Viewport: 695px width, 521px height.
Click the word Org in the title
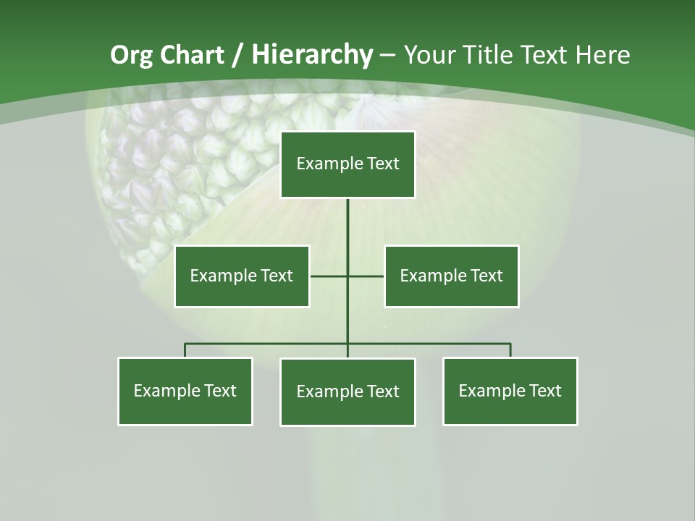pos(132,55)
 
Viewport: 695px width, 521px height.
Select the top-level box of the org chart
pos(347,164)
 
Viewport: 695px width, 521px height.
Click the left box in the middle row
pos(242,276)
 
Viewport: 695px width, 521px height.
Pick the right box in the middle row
pos(451,276)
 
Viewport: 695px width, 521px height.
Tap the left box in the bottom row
pos(185,391)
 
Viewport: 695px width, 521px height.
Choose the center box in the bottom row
pos(347,391)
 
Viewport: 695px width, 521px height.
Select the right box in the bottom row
pos(510,391)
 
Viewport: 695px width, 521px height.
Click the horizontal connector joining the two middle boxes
pos(329,276)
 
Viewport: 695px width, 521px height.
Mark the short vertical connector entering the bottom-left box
pos(185,350)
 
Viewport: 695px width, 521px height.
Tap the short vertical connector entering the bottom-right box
pos(510,350)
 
